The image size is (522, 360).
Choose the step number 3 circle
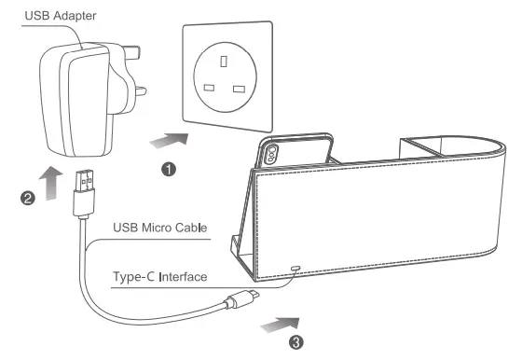tap(296, 342)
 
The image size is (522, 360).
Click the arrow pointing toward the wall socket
tap(169, 141)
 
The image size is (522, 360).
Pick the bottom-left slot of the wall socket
tap(209, 90)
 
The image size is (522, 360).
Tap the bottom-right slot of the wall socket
tap(239, 90)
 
